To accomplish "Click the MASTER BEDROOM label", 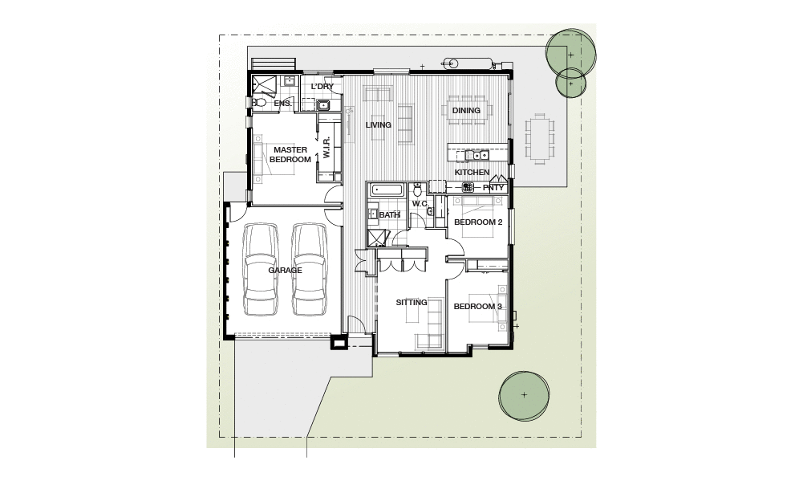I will (290, 154).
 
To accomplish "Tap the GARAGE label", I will (285, 271).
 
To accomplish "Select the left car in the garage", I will (261, 270).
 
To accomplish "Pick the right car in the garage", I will (309, 270).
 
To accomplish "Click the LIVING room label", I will (378, 125).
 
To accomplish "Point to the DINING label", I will (466, 111).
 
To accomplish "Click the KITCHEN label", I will (472, 173).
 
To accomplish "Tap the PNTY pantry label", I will (495, 188).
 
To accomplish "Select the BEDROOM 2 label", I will (478, 222).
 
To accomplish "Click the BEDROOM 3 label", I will (477, 307).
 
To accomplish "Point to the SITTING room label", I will (412, 303).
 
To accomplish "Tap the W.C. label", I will (420, 203).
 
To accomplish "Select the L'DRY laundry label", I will (322, 87).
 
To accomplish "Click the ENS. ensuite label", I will (282, 104).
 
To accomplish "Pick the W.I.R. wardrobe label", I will (327, 147).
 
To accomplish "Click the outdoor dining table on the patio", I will (540, 139).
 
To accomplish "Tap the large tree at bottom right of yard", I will (524, 395).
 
